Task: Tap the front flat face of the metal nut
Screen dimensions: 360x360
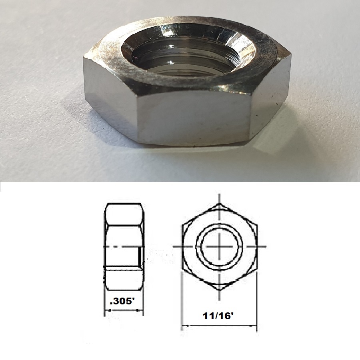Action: point(194,118)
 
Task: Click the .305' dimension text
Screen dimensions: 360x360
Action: point(123,301)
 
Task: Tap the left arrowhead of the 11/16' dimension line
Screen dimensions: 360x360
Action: point(185,326)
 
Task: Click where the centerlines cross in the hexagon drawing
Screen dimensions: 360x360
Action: point(219,246)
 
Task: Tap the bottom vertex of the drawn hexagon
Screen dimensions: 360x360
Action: point(219,289)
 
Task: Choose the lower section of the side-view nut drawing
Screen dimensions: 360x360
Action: point(124,280)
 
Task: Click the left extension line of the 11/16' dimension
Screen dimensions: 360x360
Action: point(182,304)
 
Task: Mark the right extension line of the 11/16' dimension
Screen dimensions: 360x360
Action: point(256,304)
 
